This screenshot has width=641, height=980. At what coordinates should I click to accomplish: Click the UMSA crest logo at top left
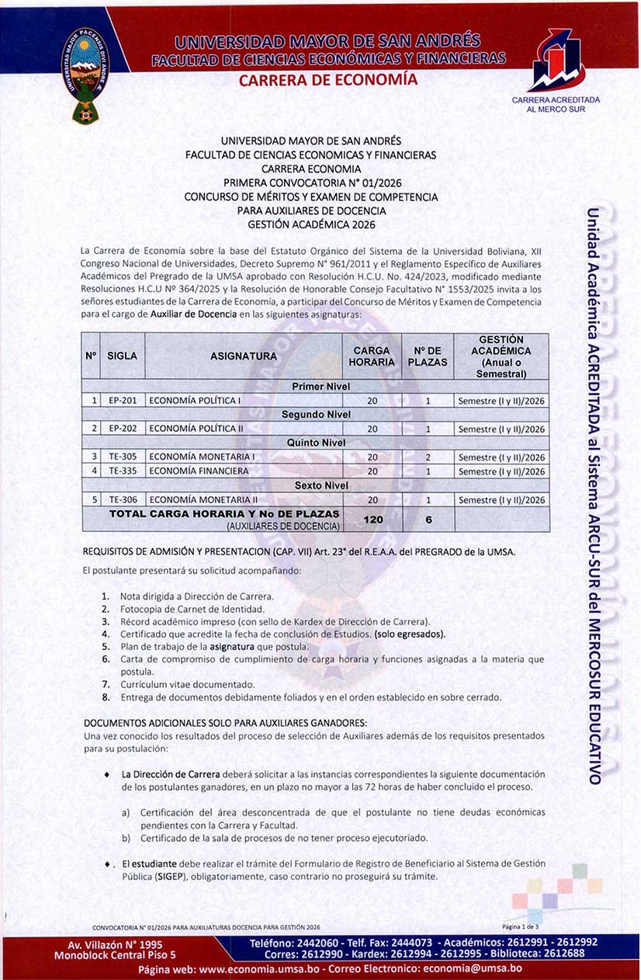tap(85, 75)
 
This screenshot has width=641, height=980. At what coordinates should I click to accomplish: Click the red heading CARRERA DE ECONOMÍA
tap(327, 80)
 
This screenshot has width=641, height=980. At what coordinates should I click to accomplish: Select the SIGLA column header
tap(122, 356)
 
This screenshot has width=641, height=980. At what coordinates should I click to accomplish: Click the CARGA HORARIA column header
tap(372, 356)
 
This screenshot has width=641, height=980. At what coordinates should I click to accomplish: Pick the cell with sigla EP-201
tap(123, 401)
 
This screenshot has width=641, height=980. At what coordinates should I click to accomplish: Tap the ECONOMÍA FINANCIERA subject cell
tap(199, 471)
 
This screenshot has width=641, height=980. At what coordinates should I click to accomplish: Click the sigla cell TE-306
tap(123, 500)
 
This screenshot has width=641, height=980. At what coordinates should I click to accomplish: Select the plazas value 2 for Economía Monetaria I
tap(428, 457)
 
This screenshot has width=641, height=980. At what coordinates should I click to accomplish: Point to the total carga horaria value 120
tap(372, 520)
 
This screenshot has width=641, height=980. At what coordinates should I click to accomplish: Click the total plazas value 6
tap(428, 520)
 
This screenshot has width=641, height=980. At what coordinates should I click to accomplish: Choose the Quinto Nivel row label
tap(315, 443)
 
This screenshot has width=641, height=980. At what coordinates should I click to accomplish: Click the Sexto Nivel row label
tap(315, 485)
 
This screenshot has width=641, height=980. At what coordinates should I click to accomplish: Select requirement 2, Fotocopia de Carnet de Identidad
tap(182, 609)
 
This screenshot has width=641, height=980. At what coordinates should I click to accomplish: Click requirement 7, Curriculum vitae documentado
tap(187, 684)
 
